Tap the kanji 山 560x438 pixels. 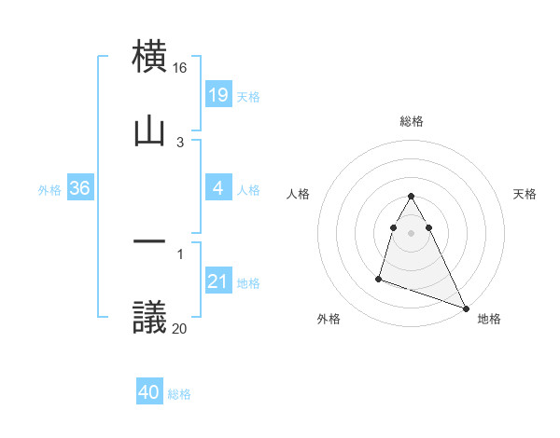coord(150,131)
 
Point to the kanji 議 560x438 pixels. coord(150,317)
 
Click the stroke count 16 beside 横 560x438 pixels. coord(180,68)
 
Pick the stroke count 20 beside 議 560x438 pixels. coord(180,328)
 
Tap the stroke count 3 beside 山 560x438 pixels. coord(180,143)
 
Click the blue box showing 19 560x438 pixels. coord(217,94)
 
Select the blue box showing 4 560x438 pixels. coord(217,189)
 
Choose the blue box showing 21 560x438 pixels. coord(217,281)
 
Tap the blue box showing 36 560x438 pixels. coord(79,189)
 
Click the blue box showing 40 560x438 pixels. coord(149,392)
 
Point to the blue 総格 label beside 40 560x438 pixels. coord(179,394)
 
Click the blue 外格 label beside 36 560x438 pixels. coord(49,190)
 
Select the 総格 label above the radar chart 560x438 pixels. coord(412,121)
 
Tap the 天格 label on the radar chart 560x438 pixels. coord(525,194)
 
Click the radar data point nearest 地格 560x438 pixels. coord(466,308)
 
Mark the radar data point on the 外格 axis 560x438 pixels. coord(379,278)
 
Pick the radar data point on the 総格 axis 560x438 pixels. coord(412,196)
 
